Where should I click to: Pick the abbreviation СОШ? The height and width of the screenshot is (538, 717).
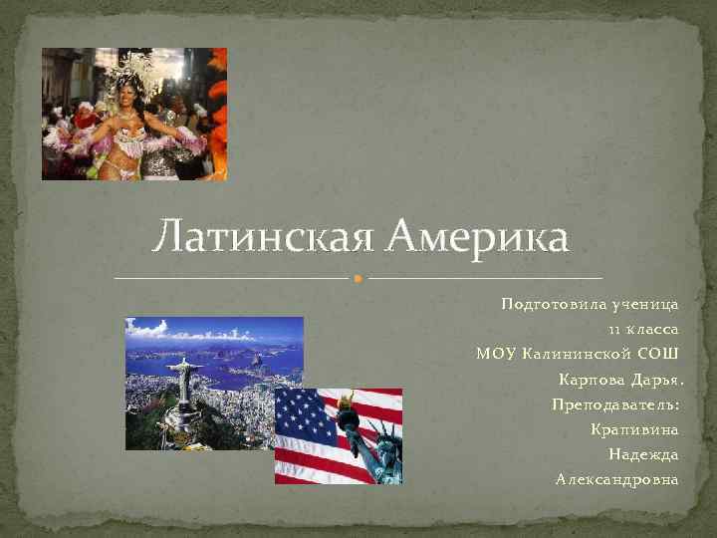[658, 354]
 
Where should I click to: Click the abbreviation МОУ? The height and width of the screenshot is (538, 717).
[497, 354]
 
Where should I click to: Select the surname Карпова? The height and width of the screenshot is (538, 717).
[590, 380]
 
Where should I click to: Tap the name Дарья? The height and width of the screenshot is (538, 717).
[656, 380]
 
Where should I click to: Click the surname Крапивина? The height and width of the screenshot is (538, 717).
[634, 429]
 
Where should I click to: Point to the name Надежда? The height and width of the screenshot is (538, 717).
[643, 454]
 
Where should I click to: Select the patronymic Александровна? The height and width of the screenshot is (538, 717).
[617, 480]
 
